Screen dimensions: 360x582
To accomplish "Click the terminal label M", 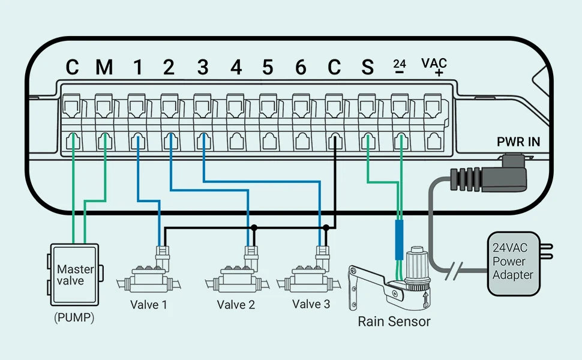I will click(104, 67).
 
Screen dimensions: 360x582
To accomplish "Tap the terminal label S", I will click(367, 67).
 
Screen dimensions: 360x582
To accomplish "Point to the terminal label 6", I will click(301, 67).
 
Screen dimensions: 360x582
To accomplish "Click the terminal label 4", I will click(236, 67).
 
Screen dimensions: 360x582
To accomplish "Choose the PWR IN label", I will click(518, 142).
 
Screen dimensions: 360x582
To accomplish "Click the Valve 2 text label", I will click(236, 305).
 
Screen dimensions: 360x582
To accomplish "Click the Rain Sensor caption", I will click(394, 321).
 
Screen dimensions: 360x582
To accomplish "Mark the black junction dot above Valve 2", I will click(254, 228).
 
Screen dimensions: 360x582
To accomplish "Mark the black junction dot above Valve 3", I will click(326, 228).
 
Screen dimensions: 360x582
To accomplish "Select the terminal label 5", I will click(268, 67).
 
